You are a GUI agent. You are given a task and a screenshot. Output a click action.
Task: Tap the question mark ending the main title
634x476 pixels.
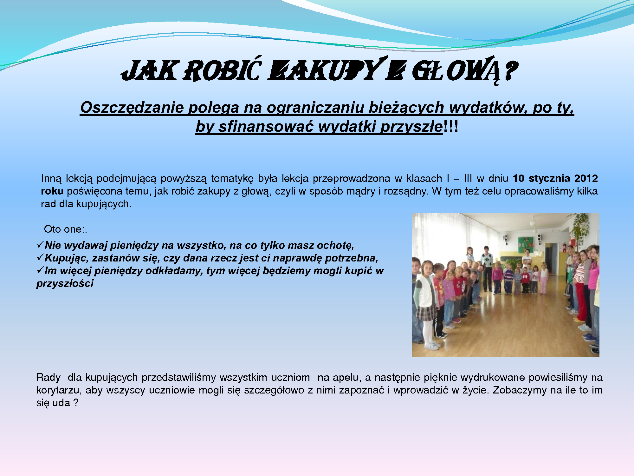510,70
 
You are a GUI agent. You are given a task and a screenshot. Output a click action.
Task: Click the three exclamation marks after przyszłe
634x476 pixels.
450,126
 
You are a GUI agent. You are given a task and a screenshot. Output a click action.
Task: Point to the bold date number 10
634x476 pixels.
519,178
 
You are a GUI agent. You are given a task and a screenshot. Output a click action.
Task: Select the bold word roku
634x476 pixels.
52,191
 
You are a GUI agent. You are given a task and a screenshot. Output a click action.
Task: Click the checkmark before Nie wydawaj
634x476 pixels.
40,244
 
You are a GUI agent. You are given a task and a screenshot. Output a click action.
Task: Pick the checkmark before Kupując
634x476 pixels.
40,257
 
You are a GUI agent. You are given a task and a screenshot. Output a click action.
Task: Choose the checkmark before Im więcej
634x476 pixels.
40,270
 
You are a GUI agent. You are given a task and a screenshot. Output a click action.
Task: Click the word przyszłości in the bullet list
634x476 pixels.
65,283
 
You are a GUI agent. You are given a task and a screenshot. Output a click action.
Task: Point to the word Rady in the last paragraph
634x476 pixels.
48,377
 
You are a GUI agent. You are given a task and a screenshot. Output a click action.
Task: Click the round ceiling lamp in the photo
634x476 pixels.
533,223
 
